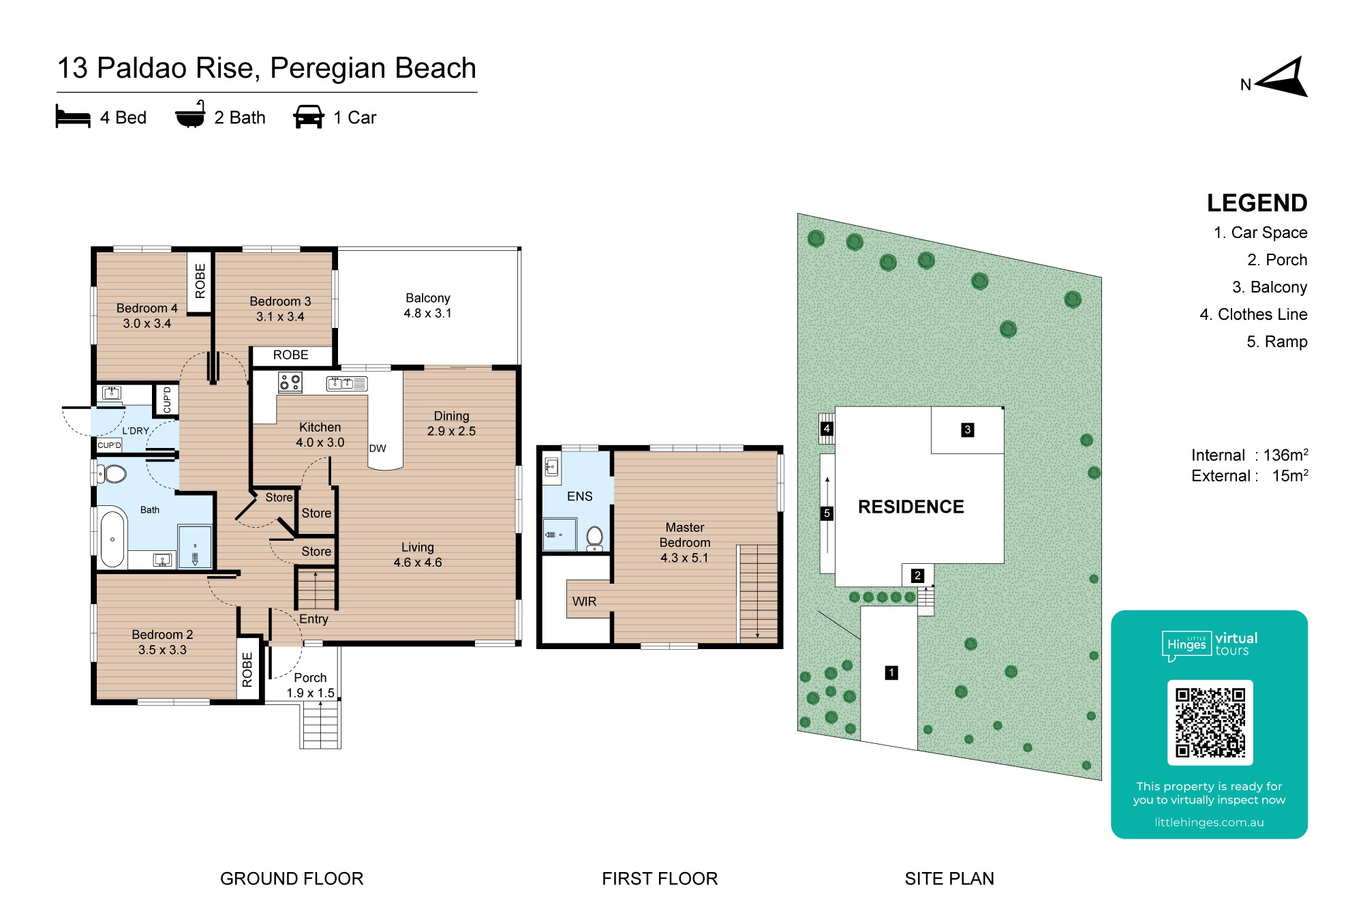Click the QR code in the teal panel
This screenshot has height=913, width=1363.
click(x=1210, y=723)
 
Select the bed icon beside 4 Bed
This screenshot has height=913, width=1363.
click(x=73, y=117)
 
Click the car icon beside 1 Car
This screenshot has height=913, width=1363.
click(x=309, y=117)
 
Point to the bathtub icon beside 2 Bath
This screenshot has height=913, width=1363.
click(x=190, y=115)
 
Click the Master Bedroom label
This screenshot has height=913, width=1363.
click(x=685, y=535)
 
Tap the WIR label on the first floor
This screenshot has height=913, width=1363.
click(x=584, y=601)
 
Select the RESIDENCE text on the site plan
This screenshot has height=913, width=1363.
click(x=911, y=507)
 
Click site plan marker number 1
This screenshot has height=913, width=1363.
click(x=891, y=673)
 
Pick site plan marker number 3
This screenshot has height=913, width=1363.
click(x=967, y=430)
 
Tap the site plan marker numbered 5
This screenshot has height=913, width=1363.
click(x=827, y=513)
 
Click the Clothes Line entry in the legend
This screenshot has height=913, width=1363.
click(x=1253, y=314)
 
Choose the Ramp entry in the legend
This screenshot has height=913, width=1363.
click(x=1277, y=342)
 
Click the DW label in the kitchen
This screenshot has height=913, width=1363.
click(x=378, y=449)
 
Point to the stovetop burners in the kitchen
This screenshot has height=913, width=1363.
click(x=290, y=382)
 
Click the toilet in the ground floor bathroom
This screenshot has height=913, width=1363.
click(x=112, y=473)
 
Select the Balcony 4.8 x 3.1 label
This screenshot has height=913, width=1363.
click(x=428, y=305)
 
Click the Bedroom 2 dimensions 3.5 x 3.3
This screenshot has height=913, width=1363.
click(x=162, y=650)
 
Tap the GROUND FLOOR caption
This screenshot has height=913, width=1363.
click(x=292, y=878)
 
